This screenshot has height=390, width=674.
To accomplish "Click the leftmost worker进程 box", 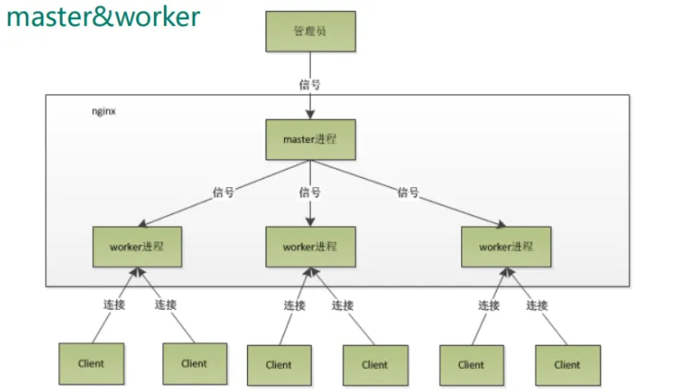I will point(136,247).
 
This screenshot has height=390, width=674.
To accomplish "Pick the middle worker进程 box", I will point(310,247).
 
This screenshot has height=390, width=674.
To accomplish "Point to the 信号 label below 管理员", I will point(310,83).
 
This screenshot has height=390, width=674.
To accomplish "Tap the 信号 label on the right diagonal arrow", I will point(408,193).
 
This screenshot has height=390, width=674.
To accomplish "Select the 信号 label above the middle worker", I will point(310,193).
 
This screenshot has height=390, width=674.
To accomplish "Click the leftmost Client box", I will point(91,364).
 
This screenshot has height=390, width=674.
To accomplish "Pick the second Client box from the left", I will point(195,364).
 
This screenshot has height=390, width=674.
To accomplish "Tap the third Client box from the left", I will point(278,365).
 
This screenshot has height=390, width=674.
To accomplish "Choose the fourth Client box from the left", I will point(375,365).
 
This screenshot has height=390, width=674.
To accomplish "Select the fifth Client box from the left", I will point(471,365).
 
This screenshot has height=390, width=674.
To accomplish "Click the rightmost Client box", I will point(568,365).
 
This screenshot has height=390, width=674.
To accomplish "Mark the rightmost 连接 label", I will point(538,305).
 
